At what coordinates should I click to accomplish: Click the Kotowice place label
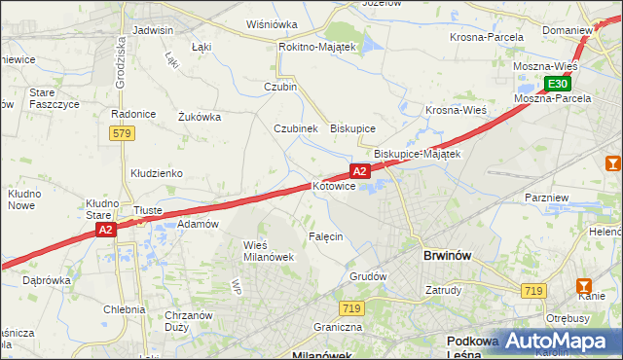(x=334, y=186)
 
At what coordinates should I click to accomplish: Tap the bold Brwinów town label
(x=448, y=256)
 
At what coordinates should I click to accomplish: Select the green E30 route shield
(x=557, y=84)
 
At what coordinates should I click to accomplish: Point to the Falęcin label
(x=326, y=237)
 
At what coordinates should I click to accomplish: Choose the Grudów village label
(x=368, y=276)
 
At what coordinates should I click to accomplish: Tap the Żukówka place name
(x=200, y=117)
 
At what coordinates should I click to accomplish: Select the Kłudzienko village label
(x=157, y=173)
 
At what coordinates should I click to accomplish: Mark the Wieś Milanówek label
(x=268, y=250)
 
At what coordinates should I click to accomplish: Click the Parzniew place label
(x=546, y=198)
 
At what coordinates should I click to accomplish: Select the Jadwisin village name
(x=152, y=30)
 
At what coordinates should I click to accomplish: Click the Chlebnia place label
(x=124, y=309)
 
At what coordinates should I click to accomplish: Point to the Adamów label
(x=198, y=224)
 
